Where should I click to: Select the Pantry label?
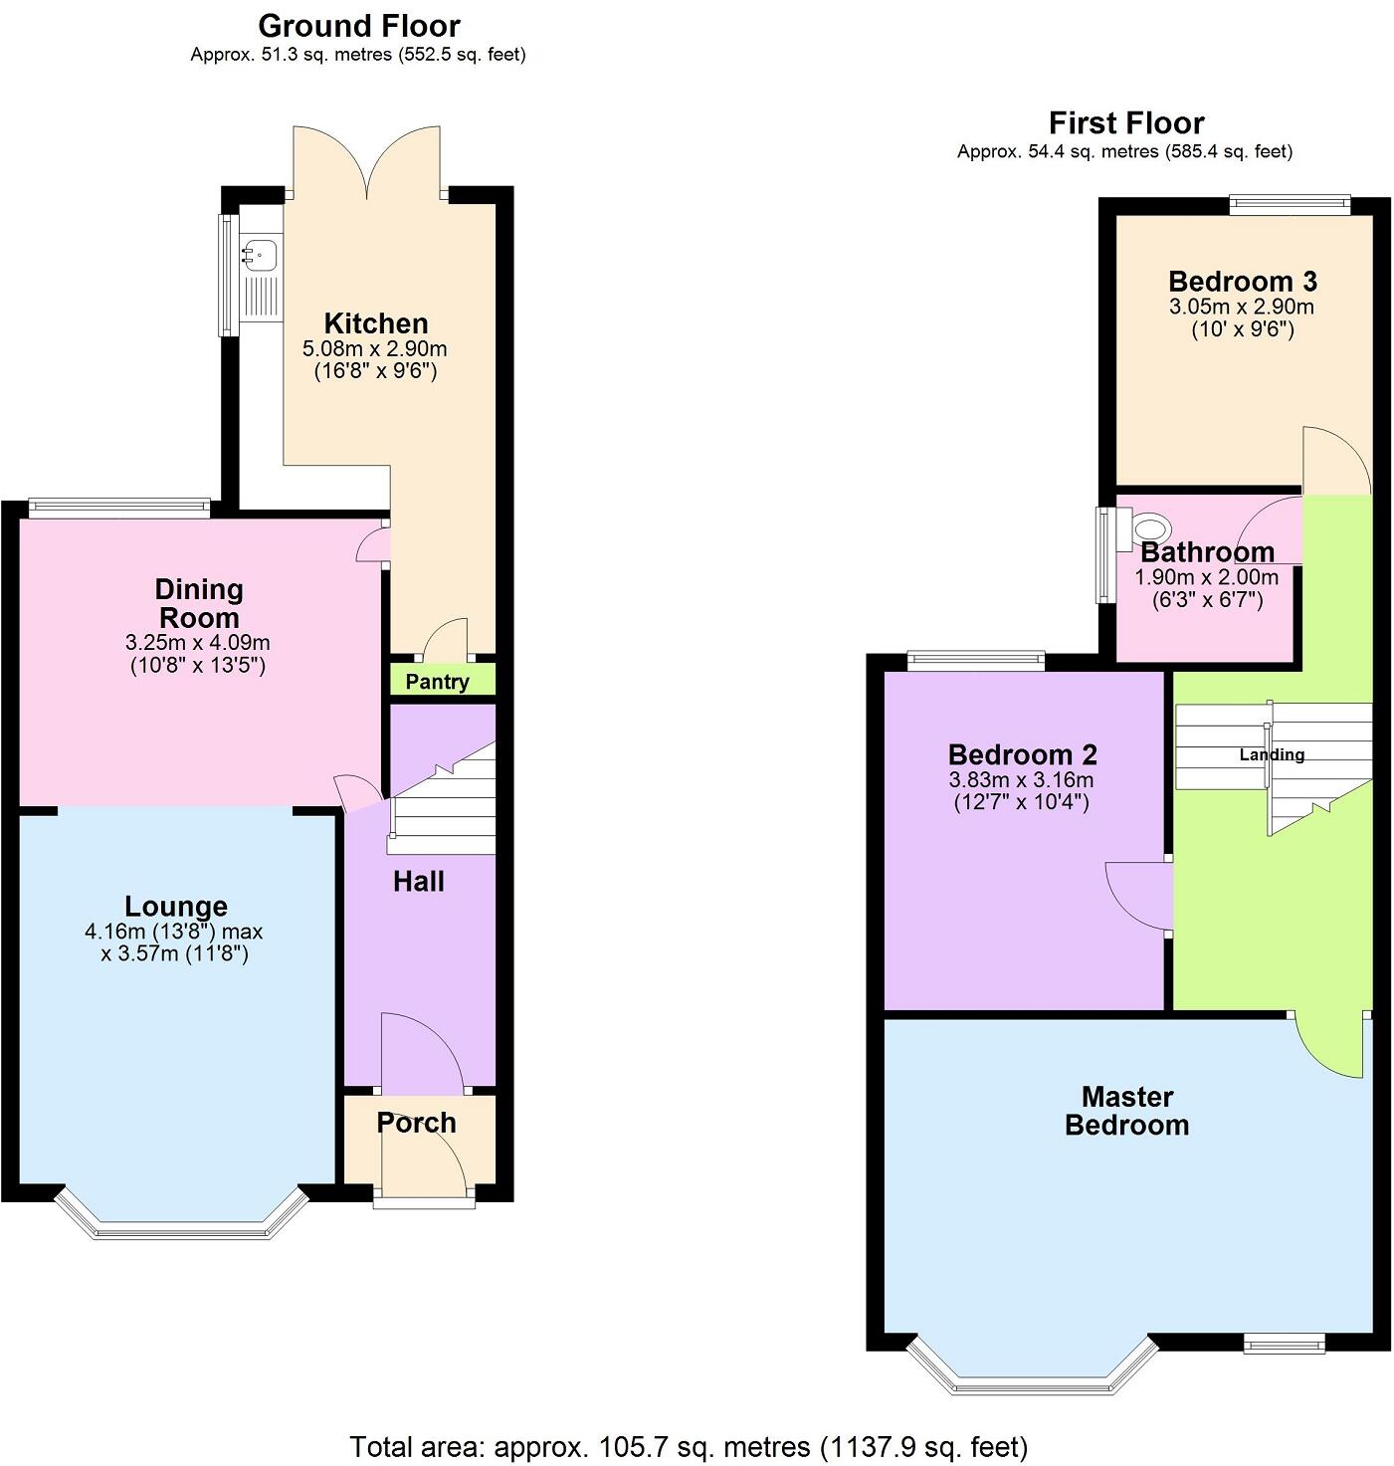[437, 682]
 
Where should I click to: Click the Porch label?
[416, 1123]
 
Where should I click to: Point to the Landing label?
[1272, 754]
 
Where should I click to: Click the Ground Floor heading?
[358, 26]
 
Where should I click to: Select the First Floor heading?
[1125, 123]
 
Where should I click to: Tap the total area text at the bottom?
[689, 1446]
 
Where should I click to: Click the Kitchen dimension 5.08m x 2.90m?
[375, 349]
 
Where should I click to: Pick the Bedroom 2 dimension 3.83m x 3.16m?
[1021, 780]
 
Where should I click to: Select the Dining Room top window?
[119, 508]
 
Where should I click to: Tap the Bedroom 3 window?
[1290, 206]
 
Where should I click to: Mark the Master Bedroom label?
[1126, 1111]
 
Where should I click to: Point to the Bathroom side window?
[1104, 555]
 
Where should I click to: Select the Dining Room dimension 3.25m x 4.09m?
[199, 643]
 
